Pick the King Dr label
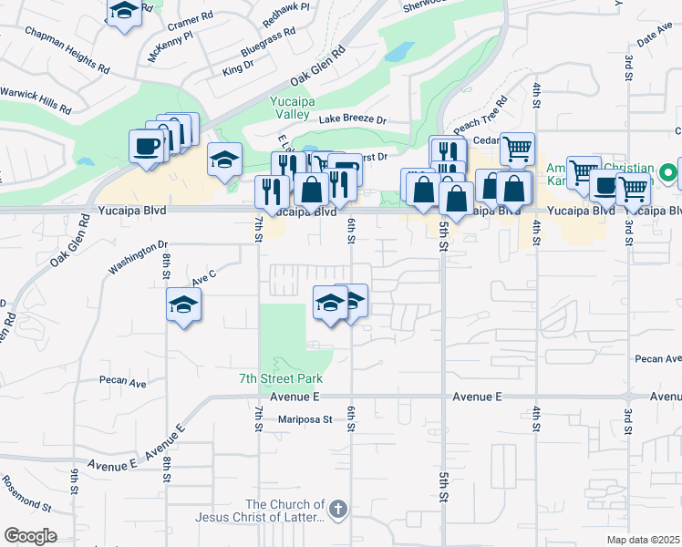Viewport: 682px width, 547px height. [x=238, y=67]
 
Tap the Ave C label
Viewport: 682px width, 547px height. [x=202, y=273]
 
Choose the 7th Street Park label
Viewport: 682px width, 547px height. [x=281, y=378]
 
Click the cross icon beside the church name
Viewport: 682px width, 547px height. [x=337, y=509]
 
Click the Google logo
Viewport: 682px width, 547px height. [x=30, y=537]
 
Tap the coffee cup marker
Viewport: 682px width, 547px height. [x=147, y=146]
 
